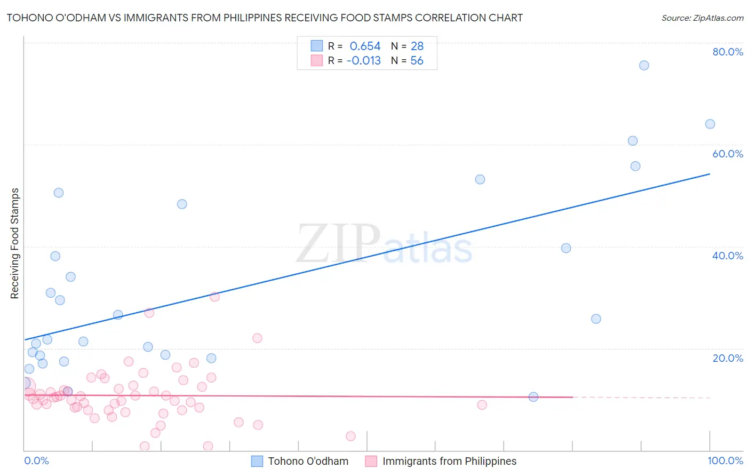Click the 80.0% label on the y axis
(x=728, y=52)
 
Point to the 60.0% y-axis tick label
(x=728, y=154)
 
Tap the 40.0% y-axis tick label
(x=728, y=256)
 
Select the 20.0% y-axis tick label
(x=728, y=358)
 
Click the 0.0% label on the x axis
(x=36, y=461)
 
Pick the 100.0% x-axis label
(x=725, y=461)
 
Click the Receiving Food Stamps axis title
(x=15, y=243)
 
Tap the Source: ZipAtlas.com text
(x=702, y=18)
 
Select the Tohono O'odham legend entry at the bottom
(x=308, y=461)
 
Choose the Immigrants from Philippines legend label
(x=449, y=461)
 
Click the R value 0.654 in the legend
(x=365, y=46)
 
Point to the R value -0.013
(x=363, y=61)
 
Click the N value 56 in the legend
(x=417, y=61)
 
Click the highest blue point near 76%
(x=644, y=66)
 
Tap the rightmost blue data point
(x=710, y=124)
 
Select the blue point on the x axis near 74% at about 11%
(x=533, y=396)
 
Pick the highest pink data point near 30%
(x=214, y=297)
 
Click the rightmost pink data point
(x=482, y=405)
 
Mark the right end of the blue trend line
(x=710, y=174)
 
